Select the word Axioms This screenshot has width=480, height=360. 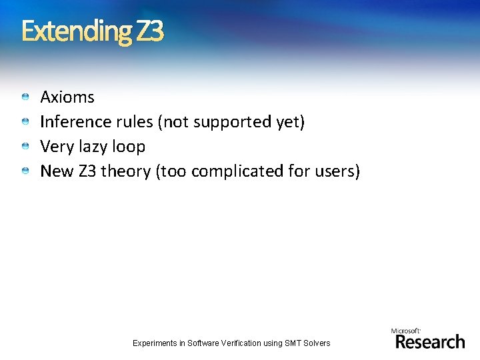coord(67,97)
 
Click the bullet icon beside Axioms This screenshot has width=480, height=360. coord(25,97)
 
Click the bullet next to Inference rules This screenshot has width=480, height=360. coord(25,122)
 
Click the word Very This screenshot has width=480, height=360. coord(56,147)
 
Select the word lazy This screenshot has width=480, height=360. coord(91,147)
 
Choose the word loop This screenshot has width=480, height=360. coord(129,147)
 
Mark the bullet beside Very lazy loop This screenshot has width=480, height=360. coord(25,147)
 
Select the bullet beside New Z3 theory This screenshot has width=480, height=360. coord(25,171)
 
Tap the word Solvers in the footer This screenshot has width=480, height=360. coord(316,343)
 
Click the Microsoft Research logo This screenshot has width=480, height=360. coord(428,339)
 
